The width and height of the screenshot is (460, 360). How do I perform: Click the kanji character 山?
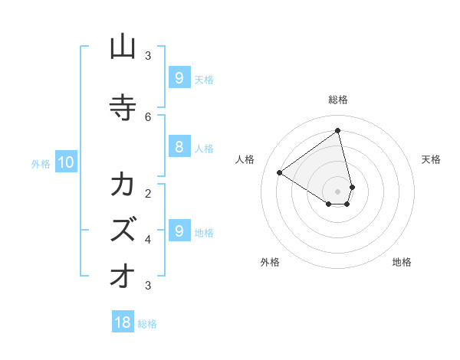click(123, 47)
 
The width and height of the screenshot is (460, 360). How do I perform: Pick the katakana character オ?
click(123, 277)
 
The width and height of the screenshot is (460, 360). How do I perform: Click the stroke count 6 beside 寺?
click(148, 116)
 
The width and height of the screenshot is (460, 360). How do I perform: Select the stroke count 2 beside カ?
click(148, 193)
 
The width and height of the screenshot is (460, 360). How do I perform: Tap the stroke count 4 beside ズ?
click(148, 239)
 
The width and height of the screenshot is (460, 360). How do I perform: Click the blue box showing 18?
click(123, 322)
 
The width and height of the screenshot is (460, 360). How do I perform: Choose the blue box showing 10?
click(65, 162)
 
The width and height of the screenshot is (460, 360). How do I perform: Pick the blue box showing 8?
click(179, 148)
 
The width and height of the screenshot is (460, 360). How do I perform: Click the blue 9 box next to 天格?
click(179, 77)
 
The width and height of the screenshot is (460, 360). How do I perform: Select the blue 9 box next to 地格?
click(179, 231)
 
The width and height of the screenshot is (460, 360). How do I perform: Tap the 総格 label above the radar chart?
click(338, 100)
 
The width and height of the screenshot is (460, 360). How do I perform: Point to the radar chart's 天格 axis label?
click(431, 159)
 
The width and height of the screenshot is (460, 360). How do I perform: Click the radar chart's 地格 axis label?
click(402, 262)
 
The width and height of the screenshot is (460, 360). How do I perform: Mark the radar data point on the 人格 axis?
click(279, 172)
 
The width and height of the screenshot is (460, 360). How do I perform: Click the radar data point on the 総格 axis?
click(338, 131)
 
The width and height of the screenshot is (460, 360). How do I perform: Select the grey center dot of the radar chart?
click(338, 191)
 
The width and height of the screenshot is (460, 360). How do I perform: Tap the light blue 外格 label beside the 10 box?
click(40, 163)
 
